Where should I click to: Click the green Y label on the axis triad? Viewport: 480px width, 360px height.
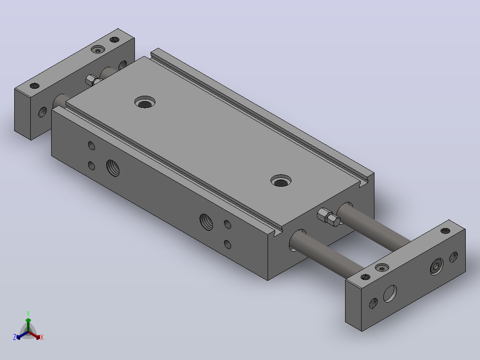tap(28, 313)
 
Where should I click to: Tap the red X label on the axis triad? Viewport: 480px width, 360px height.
tap(42, 337)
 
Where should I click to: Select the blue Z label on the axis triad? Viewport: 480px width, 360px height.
tap(15, 337)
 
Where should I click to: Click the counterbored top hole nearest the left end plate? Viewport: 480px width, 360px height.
tap(145, 102)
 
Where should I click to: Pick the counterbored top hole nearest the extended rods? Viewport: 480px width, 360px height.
tap(281, 181)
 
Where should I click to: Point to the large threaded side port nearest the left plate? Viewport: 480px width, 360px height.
tap(113, 168)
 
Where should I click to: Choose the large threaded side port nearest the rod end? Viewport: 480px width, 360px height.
tap(206, 222)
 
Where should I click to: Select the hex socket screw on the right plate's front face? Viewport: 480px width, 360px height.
tap(436, 266)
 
